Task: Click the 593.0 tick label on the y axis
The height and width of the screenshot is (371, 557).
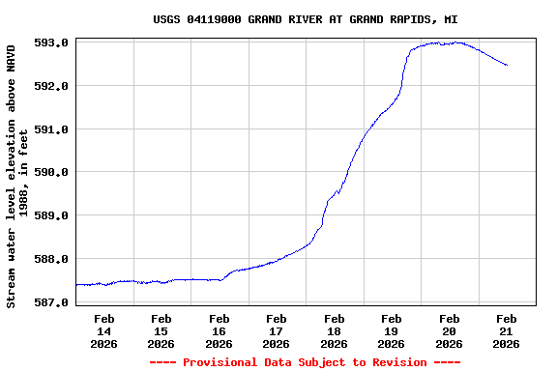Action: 52,43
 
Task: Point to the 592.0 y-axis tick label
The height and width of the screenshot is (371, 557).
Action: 52,86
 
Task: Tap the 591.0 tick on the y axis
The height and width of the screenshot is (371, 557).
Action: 52,129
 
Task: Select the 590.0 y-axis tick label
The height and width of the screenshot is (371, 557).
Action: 52,173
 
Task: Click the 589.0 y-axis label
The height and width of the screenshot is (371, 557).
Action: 52,215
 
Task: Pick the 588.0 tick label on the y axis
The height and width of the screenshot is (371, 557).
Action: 52,259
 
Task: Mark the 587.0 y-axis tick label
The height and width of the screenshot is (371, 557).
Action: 52,302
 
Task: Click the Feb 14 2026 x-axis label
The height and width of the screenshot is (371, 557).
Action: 104,330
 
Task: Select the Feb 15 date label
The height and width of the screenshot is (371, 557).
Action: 161,330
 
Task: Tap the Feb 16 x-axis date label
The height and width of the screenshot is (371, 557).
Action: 220,330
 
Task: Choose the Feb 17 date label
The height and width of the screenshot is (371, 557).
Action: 277,330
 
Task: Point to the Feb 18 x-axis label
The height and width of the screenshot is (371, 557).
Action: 335,330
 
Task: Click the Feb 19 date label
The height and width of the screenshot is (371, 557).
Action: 392,330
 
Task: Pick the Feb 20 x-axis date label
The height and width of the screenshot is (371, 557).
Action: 449,330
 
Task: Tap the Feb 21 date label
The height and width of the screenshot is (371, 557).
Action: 507,330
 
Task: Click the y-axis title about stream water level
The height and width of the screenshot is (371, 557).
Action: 17,174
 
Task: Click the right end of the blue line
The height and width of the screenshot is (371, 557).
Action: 507,66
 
